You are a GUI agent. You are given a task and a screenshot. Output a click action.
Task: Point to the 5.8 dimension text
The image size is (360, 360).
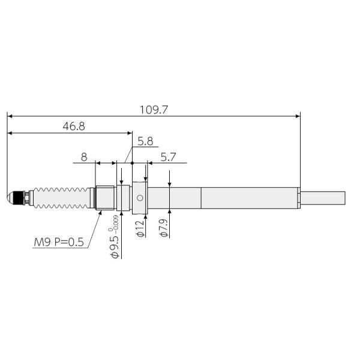coord(145,142)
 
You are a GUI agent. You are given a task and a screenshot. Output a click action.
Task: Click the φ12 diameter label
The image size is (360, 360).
coord(140,229)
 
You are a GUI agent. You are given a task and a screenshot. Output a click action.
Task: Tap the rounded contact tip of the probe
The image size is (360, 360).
coord(10,197)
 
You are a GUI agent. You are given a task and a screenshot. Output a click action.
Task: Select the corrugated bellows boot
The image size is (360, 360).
coord(60,197)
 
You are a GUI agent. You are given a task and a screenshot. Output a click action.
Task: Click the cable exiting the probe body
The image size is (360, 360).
coord(324,197)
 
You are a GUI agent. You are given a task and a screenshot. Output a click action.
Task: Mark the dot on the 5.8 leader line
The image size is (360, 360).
coord(132,163)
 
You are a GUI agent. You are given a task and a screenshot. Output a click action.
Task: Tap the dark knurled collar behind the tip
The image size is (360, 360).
coord(22,197)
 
